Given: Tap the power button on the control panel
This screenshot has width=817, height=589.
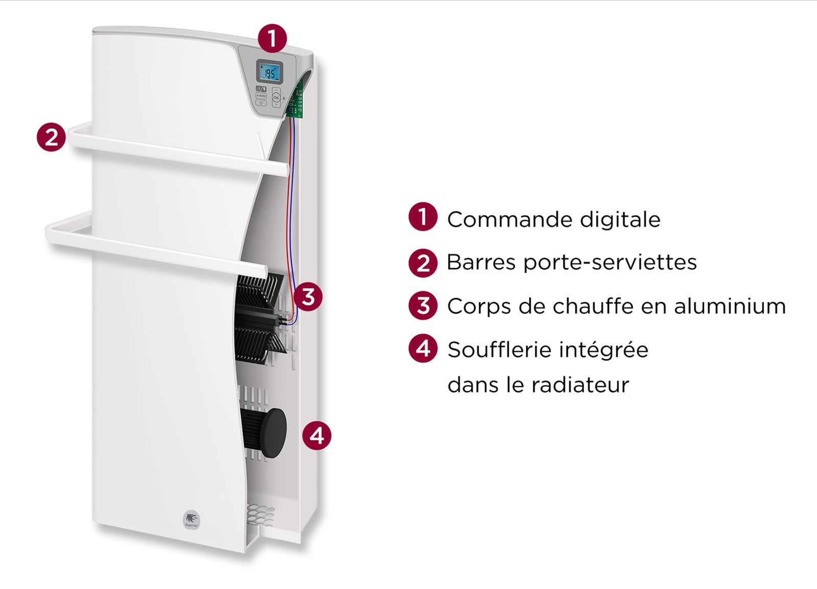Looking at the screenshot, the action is coord(261,104).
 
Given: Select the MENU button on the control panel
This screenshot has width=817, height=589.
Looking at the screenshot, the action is coord(261,96).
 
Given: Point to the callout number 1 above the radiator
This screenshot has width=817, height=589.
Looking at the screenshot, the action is coord(272,39).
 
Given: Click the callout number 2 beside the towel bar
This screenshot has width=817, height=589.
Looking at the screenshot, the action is coord(52,137).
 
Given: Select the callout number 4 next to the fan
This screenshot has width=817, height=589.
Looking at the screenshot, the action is coord(317,436).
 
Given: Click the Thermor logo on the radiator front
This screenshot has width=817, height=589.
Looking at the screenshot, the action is coord(191,520).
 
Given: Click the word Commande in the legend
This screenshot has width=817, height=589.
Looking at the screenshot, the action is coord(510,219).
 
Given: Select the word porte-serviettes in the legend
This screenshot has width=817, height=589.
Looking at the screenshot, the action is coord(610,263).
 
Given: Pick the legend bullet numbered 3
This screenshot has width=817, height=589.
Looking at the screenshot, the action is coord(423,305).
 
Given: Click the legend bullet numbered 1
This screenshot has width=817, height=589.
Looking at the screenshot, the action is coord(423,217).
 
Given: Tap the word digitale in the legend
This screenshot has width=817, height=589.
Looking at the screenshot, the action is coord(620,219).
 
